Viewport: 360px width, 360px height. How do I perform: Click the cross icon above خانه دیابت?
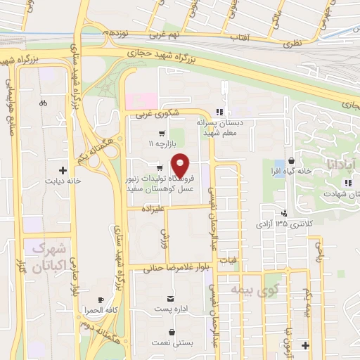tap(63, 170)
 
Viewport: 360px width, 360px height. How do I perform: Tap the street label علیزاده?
tap(151, 210)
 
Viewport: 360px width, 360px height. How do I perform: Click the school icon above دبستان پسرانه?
tap(220, 112)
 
